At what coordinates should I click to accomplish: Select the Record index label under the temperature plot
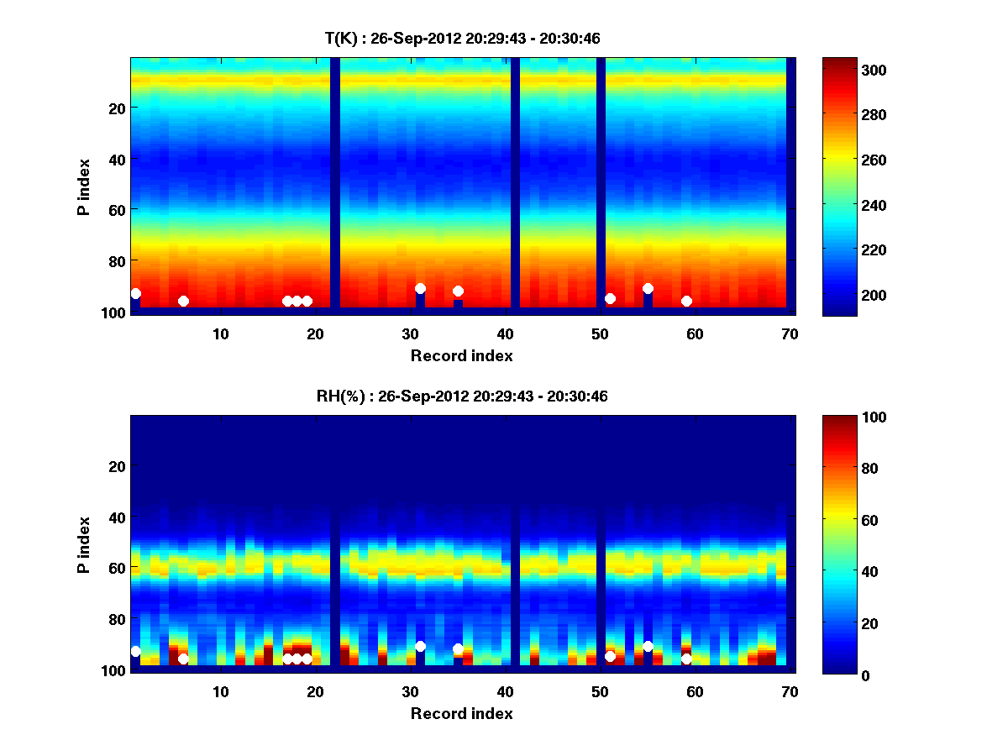point(462,355)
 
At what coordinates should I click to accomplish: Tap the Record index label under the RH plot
point(462,713)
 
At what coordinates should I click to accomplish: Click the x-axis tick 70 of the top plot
point(790,333)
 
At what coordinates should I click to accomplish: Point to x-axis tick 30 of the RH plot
point(410,691)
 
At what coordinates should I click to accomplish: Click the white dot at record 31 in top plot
point(420,288)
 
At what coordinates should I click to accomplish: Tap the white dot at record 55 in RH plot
point(648,646)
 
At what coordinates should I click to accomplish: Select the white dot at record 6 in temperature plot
point(183,301)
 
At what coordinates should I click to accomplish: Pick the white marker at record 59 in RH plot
point(686,659)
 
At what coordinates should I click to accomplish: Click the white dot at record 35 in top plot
point(458,291)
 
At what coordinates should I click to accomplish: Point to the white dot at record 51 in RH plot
point(610,656)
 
